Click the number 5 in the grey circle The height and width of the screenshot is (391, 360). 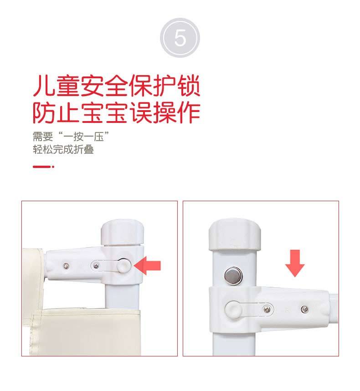pos(180,38)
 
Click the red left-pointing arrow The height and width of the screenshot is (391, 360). pos(147,265)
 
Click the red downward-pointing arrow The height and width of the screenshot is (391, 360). pos(295,264)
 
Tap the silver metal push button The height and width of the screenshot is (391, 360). pos(233,276)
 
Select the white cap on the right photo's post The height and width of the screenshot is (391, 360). pos(235,234)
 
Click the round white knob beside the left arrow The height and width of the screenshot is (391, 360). pos(123,265)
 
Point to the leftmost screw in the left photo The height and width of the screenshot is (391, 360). pos(66,266)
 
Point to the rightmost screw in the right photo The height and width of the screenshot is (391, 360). pos(304,310)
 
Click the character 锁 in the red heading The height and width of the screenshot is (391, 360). pos(189,86)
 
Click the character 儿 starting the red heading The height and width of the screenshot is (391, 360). pos(44,86)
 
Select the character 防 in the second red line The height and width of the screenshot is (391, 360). pos(44,112)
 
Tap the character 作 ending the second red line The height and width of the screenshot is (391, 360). pos(189,112)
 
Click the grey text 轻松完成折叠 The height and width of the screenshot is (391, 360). pos(63,150)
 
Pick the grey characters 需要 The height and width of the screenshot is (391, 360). pos(43,137)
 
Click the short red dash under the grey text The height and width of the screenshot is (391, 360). pos(43,167)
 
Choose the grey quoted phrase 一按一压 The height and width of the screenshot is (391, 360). pos(83,137)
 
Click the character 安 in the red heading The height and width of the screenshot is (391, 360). pos(93,86)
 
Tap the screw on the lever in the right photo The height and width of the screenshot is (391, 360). pos(267,310)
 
